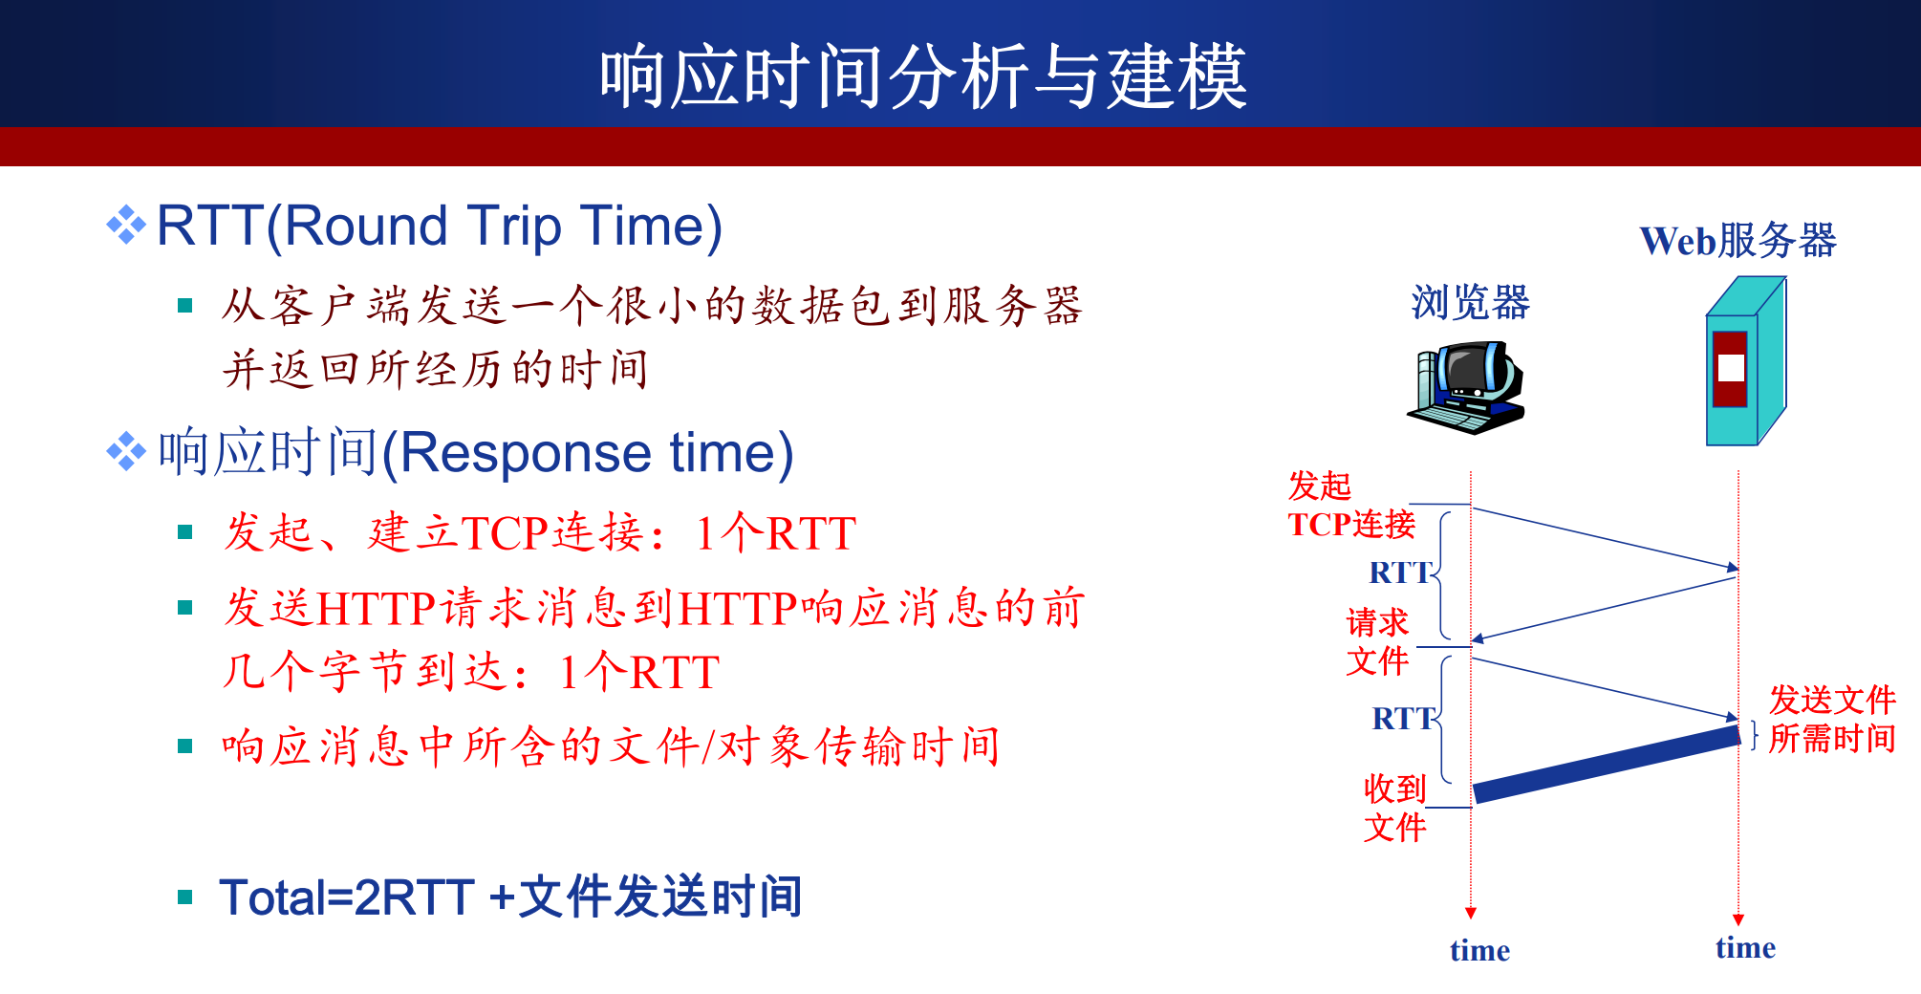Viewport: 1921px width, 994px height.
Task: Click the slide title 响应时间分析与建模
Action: (923, 76)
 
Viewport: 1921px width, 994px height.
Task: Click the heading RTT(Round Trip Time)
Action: (440, 227)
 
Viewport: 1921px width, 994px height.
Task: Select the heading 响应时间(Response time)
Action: (476, 452)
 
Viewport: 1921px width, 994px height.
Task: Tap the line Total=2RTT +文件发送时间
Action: (510, 897)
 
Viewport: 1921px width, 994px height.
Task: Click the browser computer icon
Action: (1466, 388)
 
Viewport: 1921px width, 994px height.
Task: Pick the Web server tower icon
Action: (1746, 361)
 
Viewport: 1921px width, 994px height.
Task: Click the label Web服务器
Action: (1738, 240)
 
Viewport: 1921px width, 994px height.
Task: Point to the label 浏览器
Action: (1470, 302)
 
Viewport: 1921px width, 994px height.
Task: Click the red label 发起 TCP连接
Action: (1351, 505)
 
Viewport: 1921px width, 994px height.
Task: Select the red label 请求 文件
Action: (1377, 641)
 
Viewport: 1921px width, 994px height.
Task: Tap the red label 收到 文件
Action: (1394, 808)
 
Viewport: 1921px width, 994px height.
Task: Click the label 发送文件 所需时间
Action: (1832, 719)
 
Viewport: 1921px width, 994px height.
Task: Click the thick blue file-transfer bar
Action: (1607, 764)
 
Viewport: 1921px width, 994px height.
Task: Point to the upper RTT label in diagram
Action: (1400, 573)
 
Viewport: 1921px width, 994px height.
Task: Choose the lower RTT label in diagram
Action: (1403, 719)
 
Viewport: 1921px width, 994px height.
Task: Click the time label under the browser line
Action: (1479, 950)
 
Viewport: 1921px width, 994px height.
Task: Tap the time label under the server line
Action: (1745, 947)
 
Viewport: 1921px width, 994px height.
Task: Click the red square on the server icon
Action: (1730, 369)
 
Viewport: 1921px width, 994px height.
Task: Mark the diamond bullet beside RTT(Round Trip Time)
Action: (126, 226)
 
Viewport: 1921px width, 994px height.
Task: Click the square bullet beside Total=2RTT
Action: (185, 897)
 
